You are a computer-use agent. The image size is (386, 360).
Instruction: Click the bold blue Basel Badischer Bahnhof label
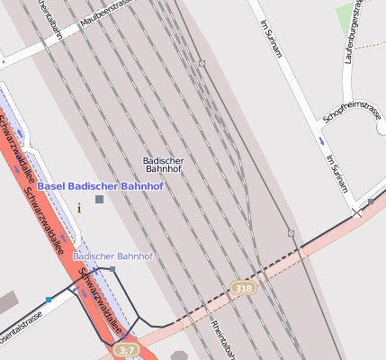[x=100, y=186]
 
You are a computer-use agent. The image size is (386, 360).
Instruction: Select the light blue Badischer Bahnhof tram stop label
[x=112, y=256]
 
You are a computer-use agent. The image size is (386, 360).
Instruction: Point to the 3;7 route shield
[x=126, y=350]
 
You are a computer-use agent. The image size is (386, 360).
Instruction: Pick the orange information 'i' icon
[x=79, y=208]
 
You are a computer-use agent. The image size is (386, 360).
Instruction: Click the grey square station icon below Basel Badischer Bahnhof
[x=99, y=199]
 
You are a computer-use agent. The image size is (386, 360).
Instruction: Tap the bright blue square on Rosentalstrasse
[x=49, y=299]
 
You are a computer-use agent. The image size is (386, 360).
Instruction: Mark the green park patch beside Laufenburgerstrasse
[x=345, y=17]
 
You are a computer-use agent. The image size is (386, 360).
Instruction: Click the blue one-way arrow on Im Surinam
[x=321, y=141]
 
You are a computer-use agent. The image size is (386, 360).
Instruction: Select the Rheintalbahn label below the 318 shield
[x=220, y=339]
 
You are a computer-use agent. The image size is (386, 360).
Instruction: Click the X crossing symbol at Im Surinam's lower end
[x=357, y=213]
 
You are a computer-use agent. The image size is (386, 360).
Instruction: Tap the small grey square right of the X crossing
[x=370, y=202]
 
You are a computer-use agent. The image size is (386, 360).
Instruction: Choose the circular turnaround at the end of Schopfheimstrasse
[x=381, y=128]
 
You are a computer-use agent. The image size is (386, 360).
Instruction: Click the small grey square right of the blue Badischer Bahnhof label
[x=112, y=268]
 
